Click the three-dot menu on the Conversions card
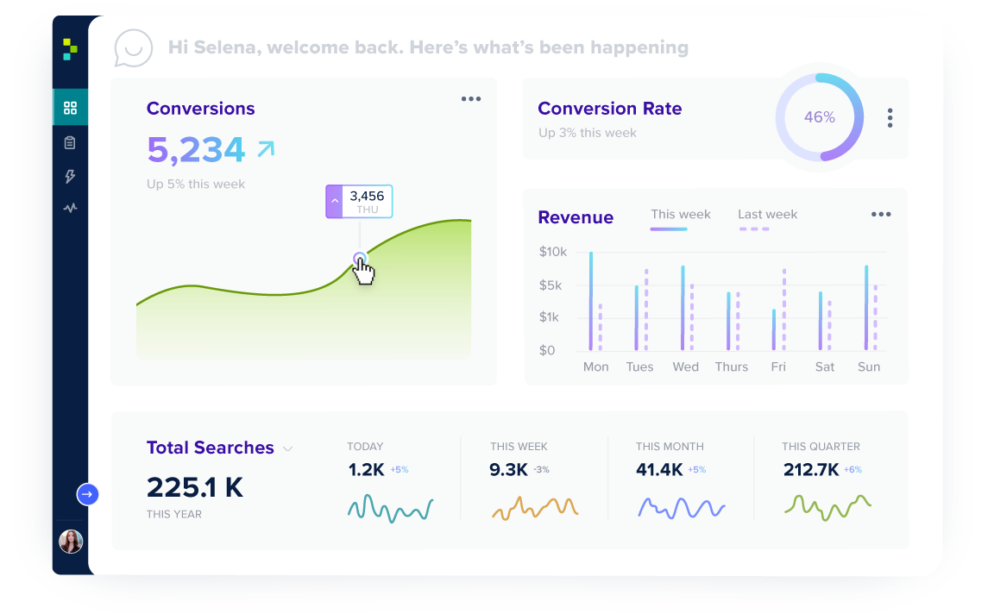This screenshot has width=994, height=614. point(471,99)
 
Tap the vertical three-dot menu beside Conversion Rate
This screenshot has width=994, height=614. point(890,118)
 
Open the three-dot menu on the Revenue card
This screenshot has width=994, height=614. point(880,215)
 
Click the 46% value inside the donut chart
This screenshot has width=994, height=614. point(819,117)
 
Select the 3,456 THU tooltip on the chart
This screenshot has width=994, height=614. point(359,202)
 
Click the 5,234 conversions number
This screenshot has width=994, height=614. point(196,150)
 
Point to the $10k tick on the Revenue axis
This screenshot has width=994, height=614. point(552,252)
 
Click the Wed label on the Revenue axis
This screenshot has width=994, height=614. point(685,367)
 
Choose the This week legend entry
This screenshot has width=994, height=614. point(680,215)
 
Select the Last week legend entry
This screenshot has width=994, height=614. point(767,215)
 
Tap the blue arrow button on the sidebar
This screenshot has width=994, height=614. point(87,494)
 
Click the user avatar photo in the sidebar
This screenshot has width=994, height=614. point(71,542)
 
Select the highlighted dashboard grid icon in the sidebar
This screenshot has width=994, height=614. point(70,108)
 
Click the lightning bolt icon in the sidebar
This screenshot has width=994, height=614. point(70,176)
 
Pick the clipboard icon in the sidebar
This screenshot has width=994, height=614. point(70,142)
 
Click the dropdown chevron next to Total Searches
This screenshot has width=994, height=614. point(288,449)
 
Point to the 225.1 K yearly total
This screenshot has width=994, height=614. point(195,487)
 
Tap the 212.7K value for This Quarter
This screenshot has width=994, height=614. point(811,470)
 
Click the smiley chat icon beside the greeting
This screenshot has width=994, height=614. point(134,48)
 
